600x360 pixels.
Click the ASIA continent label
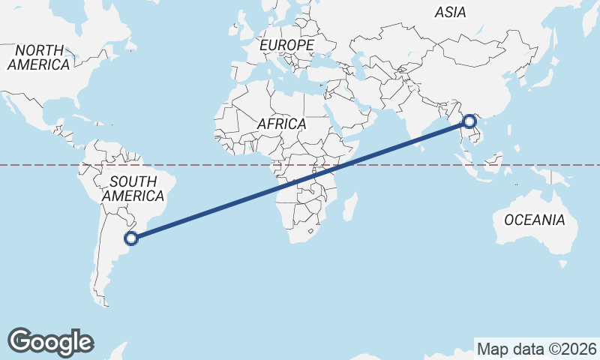point(450,12)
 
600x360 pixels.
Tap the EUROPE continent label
point(286,46)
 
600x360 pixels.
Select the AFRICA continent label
point(281,124)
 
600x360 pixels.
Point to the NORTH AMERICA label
point(39,57)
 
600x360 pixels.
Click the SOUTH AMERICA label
point(133,188)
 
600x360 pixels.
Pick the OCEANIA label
point(534,220)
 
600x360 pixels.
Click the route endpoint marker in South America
point(131,239)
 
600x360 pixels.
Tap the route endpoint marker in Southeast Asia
point(469,121)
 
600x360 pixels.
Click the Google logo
point(50,342)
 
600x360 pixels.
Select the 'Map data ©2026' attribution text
point(537,349)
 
